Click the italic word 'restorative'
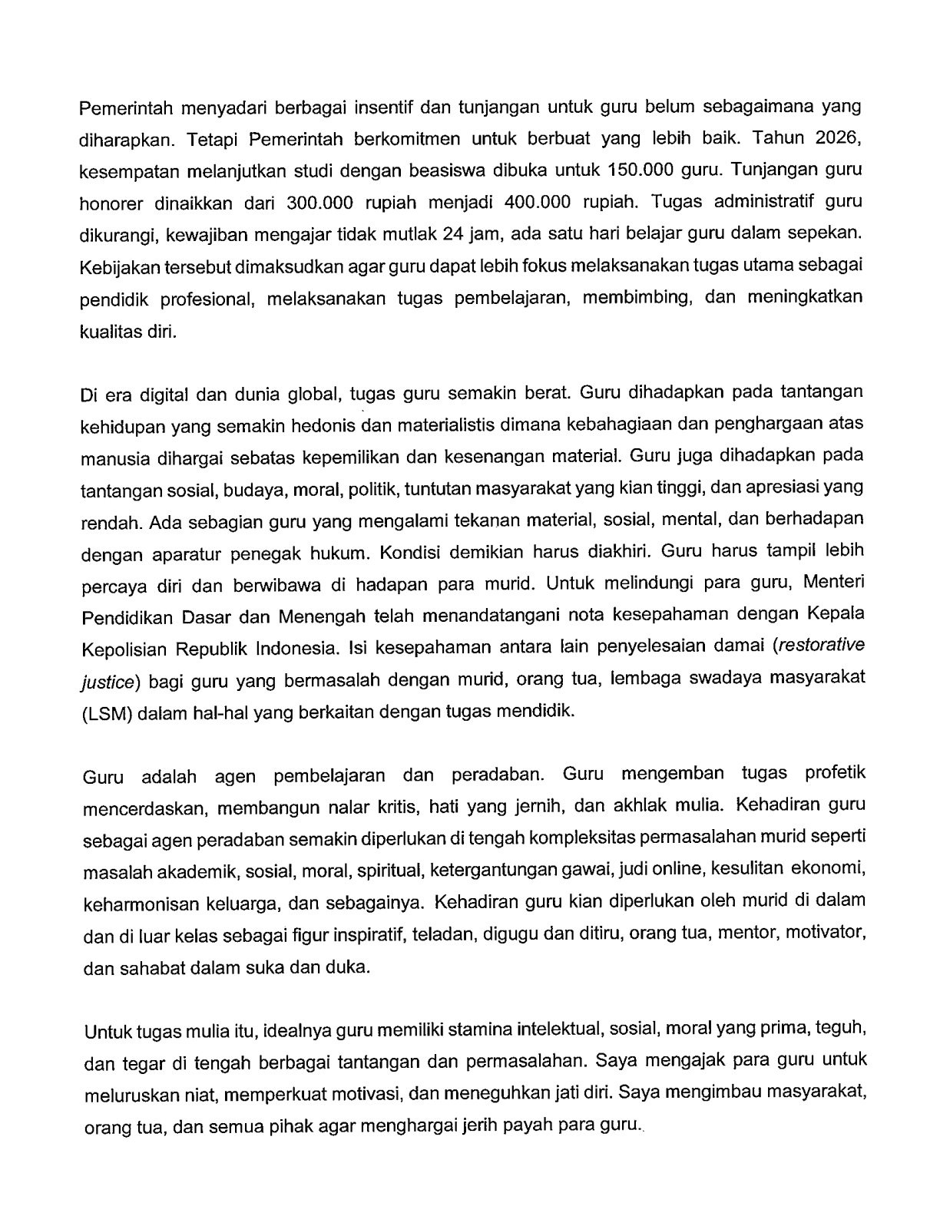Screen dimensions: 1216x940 point(820,646)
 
